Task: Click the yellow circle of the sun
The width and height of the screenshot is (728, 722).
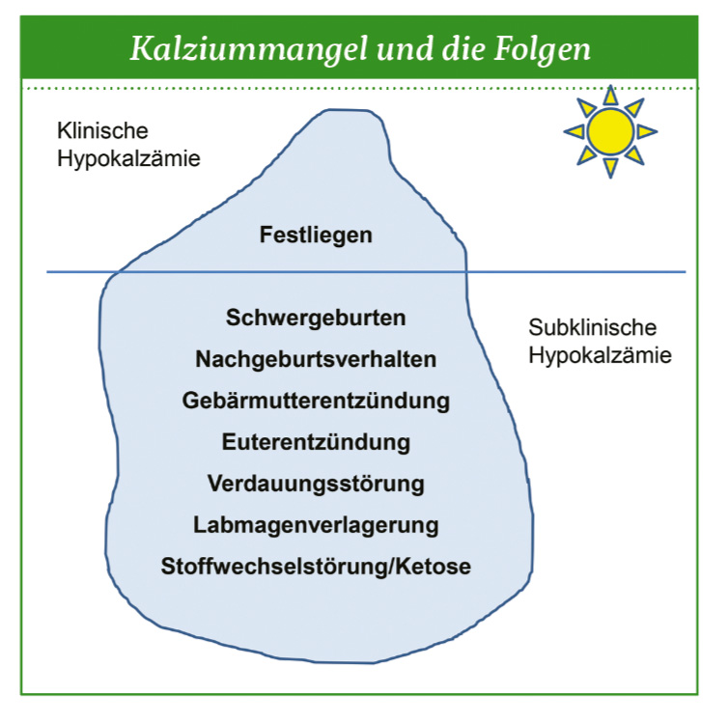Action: [x=610, y=132]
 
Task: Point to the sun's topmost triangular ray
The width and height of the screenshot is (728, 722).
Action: [x=610, y=96]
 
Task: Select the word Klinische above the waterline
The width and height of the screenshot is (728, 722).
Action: [x=102, y=131]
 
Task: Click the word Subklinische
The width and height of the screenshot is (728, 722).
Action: [x=593, y=327]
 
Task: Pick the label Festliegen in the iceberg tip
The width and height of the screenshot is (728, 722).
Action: [x=316, y=236]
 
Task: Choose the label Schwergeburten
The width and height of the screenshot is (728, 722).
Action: [x=316, y=319]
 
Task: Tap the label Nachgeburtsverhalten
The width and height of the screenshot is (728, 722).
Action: [x=316, y=359]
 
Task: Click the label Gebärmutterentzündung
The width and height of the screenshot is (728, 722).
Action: [x=316, y=401]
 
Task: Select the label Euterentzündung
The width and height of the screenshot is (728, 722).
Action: [x=316, y=442]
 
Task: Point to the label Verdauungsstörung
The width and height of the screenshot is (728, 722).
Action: [x=316, y=484]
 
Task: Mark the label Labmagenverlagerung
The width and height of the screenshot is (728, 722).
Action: [x=316, y=526]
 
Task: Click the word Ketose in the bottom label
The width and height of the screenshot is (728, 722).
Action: [x=434, y=567]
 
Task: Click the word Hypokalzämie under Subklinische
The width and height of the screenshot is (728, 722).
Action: [x=600, y=356]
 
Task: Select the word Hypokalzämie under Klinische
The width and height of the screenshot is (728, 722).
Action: [x=128, y=159]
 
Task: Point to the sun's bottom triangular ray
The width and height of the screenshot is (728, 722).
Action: [x=610, y=168]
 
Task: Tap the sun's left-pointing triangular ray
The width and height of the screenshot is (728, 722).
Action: [x=574, y=132]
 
